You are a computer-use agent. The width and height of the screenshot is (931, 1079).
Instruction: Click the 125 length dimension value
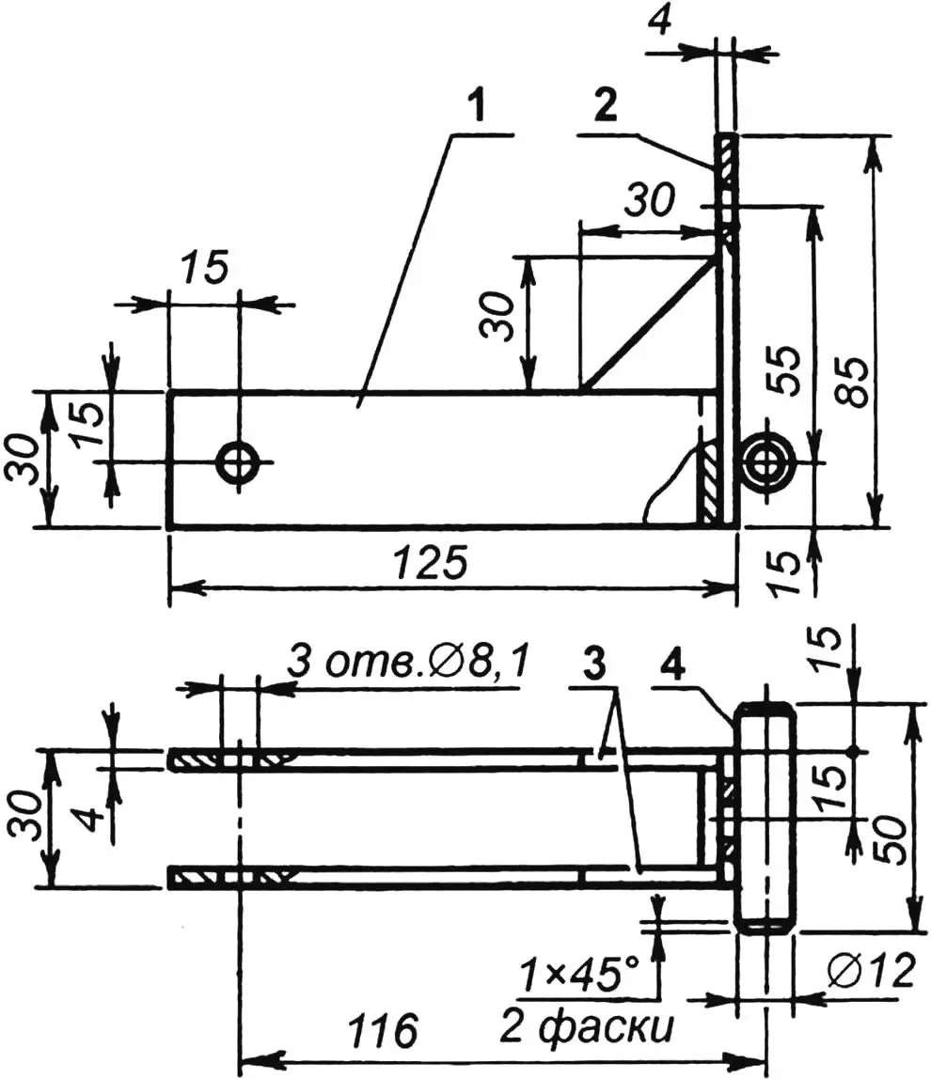pos(432,562)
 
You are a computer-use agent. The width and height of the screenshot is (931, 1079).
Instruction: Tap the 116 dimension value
pos(383,1030)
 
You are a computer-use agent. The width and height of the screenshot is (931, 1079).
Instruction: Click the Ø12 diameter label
pos(872,972)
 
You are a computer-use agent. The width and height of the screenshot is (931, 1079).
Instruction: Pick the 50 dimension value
pos(892,837)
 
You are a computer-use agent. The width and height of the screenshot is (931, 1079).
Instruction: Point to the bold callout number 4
pos(672,665)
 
